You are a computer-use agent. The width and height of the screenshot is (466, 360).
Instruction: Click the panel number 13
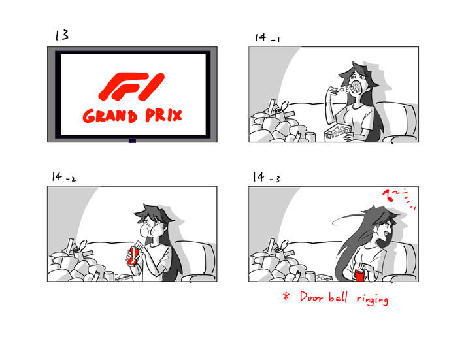point(62,35)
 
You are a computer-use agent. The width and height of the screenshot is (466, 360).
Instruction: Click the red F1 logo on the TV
point(131,86)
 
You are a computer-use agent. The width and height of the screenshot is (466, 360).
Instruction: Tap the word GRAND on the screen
point(110,116)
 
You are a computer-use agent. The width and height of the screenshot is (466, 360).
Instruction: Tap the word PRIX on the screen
point(163,115)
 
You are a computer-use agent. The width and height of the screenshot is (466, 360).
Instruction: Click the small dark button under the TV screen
point(132,140)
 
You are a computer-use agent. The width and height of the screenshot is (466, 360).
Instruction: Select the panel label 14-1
point(267,38)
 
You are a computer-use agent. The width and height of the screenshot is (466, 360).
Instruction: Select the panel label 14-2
point(63,177)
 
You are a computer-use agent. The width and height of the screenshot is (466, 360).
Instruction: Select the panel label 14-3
point(266,177)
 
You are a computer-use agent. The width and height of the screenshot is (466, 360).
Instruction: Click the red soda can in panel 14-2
point(132,256)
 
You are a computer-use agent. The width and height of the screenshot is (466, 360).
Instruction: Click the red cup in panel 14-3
point(359,275)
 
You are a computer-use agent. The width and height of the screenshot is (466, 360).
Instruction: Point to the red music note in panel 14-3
point(387,196)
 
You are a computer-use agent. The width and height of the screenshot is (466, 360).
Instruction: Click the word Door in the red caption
point(311,297)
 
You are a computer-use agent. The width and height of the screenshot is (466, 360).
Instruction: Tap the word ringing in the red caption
point(373,299)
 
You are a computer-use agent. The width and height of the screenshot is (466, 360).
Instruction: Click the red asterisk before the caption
point(286,296)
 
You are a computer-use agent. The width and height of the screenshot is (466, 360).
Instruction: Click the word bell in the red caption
point(338,297)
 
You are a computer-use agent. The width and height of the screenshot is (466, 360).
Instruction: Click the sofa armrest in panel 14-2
point(199,278)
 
